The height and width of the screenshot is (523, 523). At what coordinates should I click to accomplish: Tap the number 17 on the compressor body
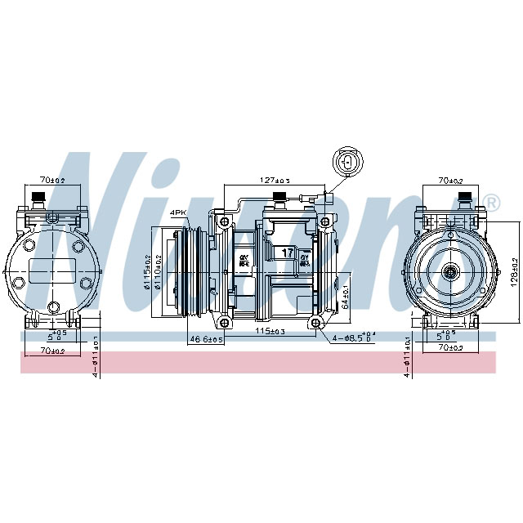click(288, 253)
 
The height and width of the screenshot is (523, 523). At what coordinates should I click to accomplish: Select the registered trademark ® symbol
click(490, 201)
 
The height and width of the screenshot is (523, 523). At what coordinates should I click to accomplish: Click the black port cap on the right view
click(464, 197)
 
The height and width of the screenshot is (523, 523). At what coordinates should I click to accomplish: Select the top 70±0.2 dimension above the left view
click(53, 180)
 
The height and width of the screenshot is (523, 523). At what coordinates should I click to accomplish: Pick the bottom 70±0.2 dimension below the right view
click(449, 348)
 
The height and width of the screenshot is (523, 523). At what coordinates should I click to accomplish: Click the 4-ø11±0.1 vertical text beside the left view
click(96, 356)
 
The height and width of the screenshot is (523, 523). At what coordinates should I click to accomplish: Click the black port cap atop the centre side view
click(278, 196)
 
